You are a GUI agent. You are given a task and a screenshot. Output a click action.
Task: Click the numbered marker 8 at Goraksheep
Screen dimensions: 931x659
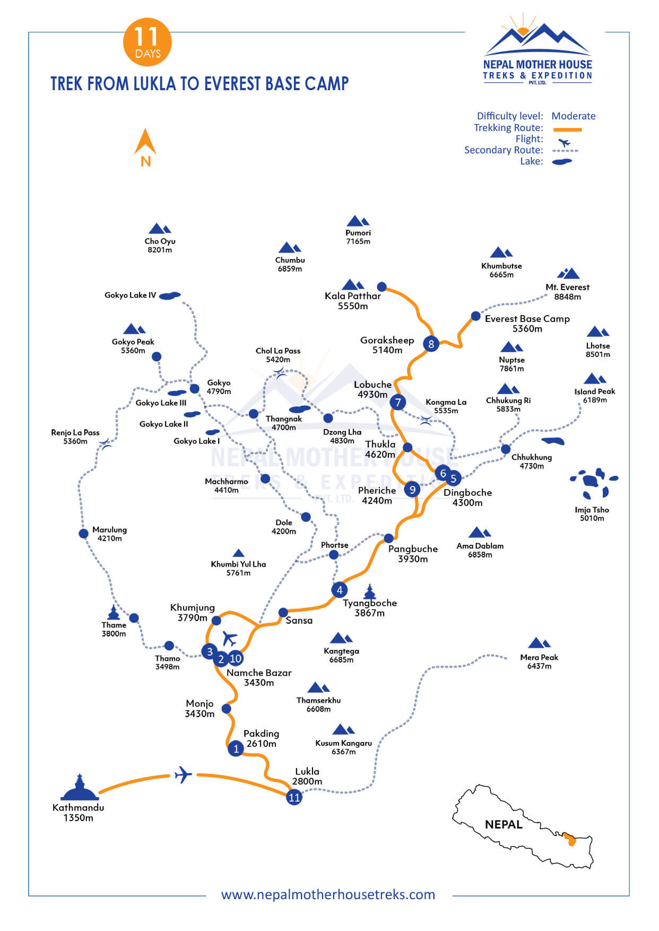(x=431, y=344)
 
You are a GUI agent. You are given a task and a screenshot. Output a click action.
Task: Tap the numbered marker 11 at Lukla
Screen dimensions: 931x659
(x=294, y=797)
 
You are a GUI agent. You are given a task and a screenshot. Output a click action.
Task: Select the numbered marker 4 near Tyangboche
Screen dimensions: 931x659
(x=340, y=590)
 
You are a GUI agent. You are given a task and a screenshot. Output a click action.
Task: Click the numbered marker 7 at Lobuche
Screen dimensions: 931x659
(x=397, y=402)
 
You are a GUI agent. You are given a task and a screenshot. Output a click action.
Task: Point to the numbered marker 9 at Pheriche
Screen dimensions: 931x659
(x=412, y=489)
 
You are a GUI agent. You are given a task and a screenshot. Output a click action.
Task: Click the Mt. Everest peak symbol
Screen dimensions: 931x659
(x=568, y=274)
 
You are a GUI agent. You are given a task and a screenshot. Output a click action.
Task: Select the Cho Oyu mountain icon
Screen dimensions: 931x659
(x=159, y=229)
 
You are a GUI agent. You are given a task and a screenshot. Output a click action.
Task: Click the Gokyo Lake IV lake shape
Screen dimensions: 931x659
(x=170, y=295)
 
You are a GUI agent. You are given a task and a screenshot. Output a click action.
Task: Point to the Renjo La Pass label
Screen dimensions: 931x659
(x=75, y=437)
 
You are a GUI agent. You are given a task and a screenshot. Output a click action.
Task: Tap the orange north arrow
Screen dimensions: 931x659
(x=145, y=143)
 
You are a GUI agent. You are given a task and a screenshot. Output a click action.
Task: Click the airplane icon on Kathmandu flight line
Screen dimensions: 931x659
(x=183, y=775)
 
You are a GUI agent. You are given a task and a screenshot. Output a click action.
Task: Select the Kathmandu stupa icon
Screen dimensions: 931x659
(x=80, y=788)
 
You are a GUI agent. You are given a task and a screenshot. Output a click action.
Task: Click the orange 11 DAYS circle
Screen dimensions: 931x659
(x=148, y=42)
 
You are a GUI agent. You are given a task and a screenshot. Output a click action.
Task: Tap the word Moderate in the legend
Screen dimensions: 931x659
(x=573, y=116)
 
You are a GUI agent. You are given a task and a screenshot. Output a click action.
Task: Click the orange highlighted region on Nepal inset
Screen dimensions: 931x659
(x=570, y=839)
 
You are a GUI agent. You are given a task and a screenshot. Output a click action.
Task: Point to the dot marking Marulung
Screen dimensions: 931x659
(x=83, y=534)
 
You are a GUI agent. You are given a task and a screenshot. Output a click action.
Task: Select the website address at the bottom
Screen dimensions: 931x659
(x=328, y=894)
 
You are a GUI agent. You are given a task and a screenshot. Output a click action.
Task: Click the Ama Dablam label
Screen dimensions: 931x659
(x=480, y=550)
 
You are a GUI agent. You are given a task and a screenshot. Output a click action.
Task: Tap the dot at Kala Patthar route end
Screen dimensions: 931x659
(x=381, y=287)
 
